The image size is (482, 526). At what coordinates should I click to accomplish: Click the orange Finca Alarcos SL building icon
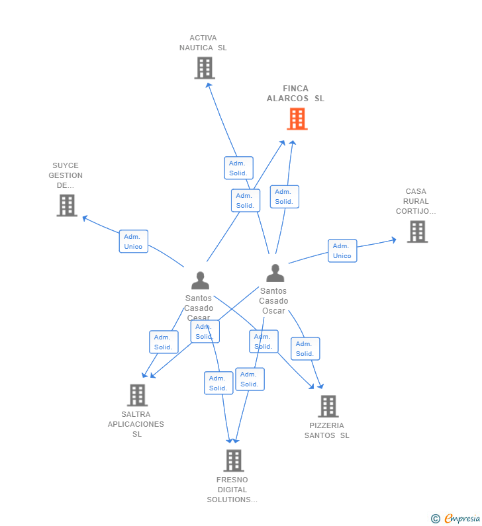coord(297,119)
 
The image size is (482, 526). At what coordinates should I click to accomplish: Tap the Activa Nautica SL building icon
coord(205,67)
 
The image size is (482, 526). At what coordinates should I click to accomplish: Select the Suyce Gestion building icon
coord(67,205)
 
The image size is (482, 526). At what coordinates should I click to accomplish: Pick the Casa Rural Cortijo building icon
coord(417,232)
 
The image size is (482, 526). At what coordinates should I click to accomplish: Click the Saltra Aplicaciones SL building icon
coord(137,395)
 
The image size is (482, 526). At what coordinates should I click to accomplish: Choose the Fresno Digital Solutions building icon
coord(233,460)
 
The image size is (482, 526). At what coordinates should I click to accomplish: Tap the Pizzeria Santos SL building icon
coord(328,406)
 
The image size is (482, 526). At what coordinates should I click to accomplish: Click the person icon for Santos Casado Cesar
coord(200,281)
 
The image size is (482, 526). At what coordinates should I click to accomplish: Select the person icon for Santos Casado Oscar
coord(275,273)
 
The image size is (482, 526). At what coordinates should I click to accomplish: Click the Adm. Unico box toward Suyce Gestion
coord(133,241)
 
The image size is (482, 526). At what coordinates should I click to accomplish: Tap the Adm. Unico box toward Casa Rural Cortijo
coord(342,251)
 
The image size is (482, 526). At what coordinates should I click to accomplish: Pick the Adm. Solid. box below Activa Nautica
coord(238,168)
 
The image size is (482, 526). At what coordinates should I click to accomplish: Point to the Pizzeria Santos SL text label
coord(327,430)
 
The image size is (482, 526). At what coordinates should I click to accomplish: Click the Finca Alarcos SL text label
coord(296,93)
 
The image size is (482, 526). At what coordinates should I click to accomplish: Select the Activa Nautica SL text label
coord(203,42)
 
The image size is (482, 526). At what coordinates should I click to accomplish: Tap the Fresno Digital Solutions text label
coord(232,490)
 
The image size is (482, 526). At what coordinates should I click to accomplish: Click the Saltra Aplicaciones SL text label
coord(136,424)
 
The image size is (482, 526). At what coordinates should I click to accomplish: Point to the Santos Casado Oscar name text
coord(273,300)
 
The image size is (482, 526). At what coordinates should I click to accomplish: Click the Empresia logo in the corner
coord(456,518)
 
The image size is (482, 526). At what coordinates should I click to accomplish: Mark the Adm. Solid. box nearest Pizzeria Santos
coord(305,349)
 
